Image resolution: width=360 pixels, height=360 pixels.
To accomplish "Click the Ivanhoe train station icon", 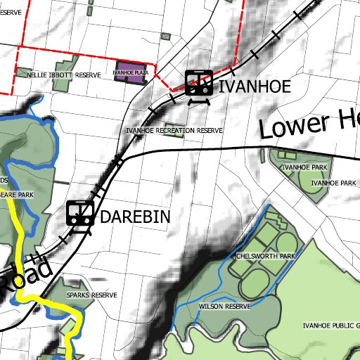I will coord(199,83).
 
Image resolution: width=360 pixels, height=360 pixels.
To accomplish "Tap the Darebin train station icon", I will coord(80,213).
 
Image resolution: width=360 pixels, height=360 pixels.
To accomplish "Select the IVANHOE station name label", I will coord(254,87).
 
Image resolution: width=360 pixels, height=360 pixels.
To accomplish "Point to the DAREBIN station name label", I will coord(135,217).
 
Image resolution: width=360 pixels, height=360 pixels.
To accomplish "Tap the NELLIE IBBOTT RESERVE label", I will coord(64,75).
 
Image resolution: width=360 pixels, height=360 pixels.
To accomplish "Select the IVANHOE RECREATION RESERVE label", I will coord(174,131).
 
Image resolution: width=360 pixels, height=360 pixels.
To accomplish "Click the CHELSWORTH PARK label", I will coord(266,257).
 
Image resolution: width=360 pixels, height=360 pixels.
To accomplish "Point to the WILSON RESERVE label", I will coord(225,307).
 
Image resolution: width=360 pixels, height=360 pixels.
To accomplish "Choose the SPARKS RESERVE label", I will coord(91,295).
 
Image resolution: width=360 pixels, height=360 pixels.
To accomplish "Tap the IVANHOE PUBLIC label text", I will coord(330,326).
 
